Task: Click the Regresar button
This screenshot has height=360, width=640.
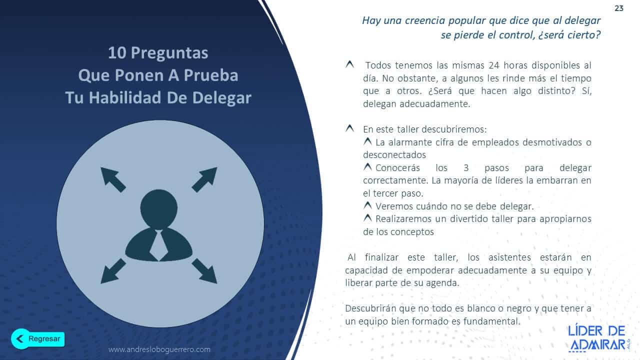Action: click(38, 338)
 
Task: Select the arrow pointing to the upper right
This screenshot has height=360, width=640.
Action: click(204, 179)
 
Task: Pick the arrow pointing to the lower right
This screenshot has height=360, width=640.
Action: click(204, 270)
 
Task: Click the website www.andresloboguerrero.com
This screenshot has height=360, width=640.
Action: click(159, 349)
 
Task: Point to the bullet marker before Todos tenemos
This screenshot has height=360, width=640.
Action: click(349, 65)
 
